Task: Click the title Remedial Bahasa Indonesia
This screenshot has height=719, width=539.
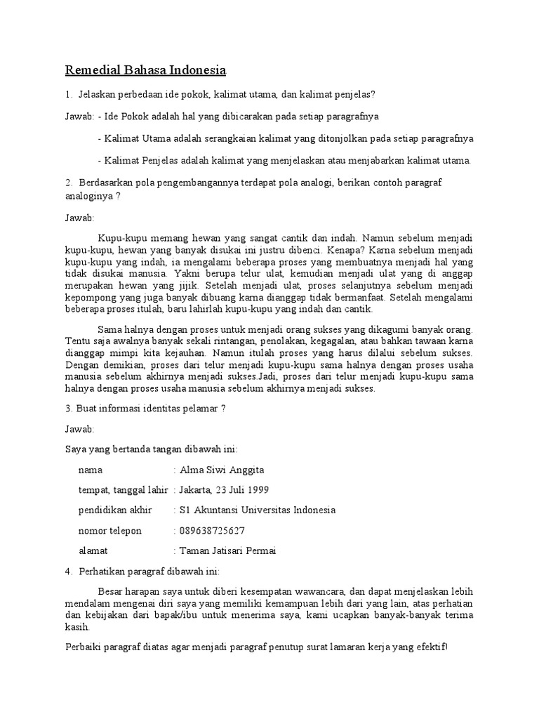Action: [x=146, y=70]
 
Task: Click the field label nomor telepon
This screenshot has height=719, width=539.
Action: [x=110, y=531]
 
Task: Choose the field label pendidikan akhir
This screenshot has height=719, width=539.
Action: [x=114, y=510]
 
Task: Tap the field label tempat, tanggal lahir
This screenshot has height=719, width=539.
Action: [x=123, y=490]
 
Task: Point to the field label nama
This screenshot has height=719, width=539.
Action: [x=91, y=470]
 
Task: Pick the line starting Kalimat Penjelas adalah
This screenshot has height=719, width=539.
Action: [x=284, y=160]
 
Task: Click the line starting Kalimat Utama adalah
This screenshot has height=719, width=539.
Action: [x=286, y=138]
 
